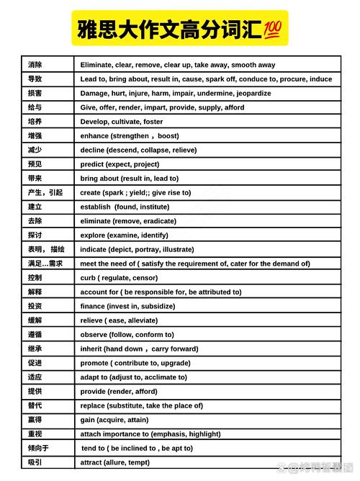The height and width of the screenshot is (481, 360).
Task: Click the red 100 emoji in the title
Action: (x=274, y=29)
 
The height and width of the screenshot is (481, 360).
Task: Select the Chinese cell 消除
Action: (x=35, y=65)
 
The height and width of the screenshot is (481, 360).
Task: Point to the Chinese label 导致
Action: (x=35, y=79)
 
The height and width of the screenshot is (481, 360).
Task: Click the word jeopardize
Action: (x=252, y=94)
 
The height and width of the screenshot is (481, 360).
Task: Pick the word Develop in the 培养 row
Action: (x=94, y=122)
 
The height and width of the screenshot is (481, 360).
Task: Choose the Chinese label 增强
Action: (x=35, y=136)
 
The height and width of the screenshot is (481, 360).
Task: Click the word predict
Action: (x=92, y=164)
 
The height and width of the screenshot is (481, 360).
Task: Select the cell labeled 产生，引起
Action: (x=45, y=192)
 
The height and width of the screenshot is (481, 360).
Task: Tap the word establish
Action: (x=95, y=207)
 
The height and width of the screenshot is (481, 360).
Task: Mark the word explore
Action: (x=93, y=235)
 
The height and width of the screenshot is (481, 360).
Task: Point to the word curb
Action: (x=88, y=278)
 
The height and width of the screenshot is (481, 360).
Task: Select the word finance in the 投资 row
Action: (x=94, y=306)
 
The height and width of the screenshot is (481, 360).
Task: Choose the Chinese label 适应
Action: (x=35, y=377)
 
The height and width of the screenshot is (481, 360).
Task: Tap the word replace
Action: (x=93, y=405)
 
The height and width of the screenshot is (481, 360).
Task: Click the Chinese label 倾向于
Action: (x=38, y=448)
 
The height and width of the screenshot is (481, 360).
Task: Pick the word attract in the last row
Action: (x=92, y=462)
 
